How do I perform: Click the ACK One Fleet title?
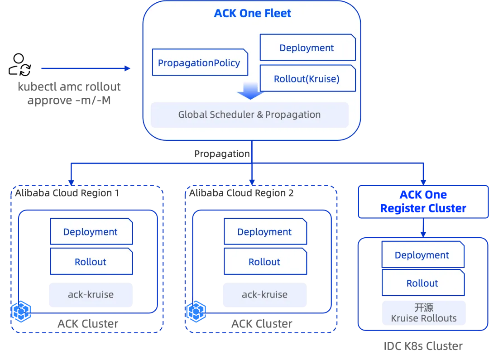point(252,14)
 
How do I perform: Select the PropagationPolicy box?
point(199,62)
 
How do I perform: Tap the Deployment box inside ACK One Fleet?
point(307,48)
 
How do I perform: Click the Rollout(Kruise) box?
point(307,79)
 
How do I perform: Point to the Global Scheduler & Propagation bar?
point(249,115)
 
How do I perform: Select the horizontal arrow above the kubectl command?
point(86,68)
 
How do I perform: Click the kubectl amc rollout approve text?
point(69,93)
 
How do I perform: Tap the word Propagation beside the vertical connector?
point(221,154)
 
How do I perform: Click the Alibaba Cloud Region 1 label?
point(67,193)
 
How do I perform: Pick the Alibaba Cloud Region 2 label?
point(241,193)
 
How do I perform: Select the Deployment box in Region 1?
point(91,232)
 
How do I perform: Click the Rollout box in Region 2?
point(265,262)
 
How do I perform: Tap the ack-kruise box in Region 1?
point(91,294)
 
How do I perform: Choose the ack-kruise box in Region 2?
point(264,294)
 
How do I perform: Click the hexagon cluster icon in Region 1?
point(21,311)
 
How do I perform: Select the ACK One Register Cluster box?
point(423,202)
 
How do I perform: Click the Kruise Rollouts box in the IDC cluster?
point(423,313)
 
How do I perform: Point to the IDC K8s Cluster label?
point(423,346)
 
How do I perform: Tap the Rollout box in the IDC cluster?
point(422,283)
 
